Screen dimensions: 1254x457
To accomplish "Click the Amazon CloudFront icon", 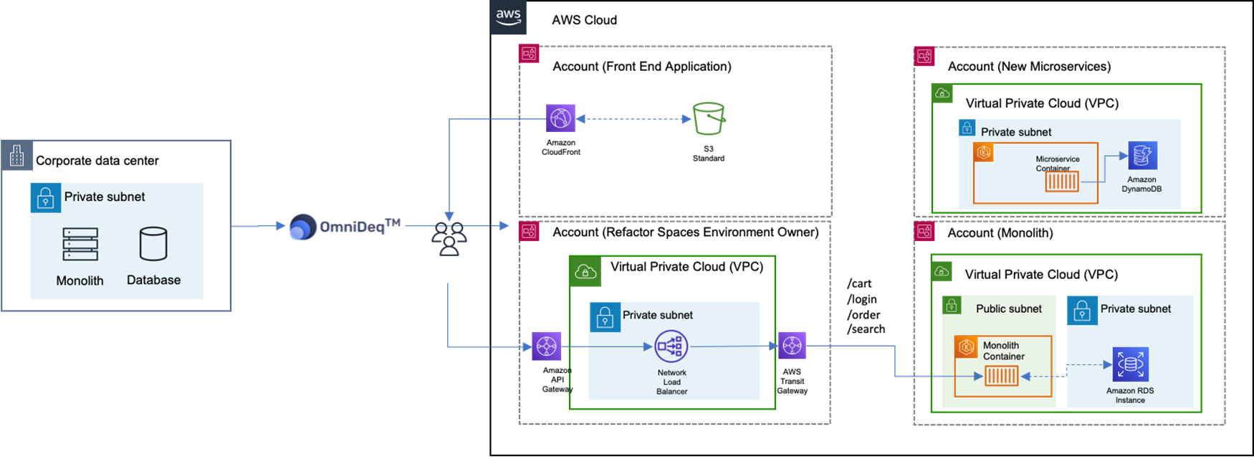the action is coord(560,118).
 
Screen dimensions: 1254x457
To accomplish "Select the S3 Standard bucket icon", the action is coord(709,118).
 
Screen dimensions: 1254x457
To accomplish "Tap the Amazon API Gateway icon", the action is coord(547,347).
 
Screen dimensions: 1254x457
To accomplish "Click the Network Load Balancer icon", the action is coord(671,347).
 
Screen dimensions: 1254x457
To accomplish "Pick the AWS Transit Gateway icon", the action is coord(792,346).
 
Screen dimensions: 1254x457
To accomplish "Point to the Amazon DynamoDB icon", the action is coord(1142,156).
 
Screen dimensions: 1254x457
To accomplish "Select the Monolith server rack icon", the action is coord(80,244).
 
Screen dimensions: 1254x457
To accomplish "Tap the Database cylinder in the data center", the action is coord(153,244).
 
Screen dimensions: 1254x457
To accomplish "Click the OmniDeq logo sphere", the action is coord(302,227).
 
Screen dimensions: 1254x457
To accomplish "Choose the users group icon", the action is coord(449,239).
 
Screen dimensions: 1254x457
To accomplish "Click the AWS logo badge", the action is coord(509,17).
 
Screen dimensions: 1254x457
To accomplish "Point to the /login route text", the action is coord(862,299).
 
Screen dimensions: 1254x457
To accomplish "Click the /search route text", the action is coord(866,329).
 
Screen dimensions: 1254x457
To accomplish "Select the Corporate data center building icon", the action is coord(17,156).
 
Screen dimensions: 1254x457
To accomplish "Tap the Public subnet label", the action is coord(1009,308).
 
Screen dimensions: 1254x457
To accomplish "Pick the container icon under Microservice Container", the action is coord(1061,182).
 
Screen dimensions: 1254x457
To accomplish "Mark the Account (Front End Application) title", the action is coord(642,67).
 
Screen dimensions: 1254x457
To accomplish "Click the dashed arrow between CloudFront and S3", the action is coord(634,119).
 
